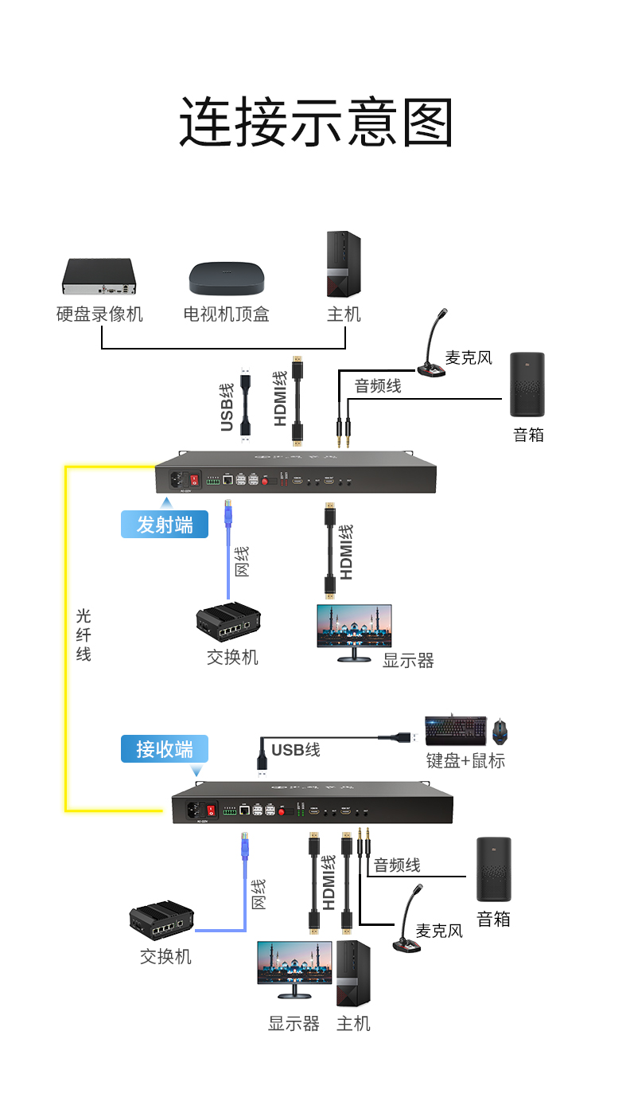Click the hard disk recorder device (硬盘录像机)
pos(99,276)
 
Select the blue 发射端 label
pos(165,525)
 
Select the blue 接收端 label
pos(164,749)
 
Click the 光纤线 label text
pos(84,635)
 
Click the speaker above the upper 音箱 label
pos(527,385)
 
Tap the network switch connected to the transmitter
pos(228,625)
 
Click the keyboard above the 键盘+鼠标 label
pos(455,731)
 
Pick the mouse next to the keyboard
pos(500,731)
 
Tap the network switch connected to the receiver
pos(161,921)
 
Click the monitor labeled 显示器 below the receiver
pos(294,968)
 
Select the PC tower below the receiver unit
pos(353,973)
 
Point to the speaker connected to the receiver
pos(493,869)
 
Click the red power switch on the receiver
pos(212,810)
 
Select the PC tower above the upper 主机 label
pos(344,264)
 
